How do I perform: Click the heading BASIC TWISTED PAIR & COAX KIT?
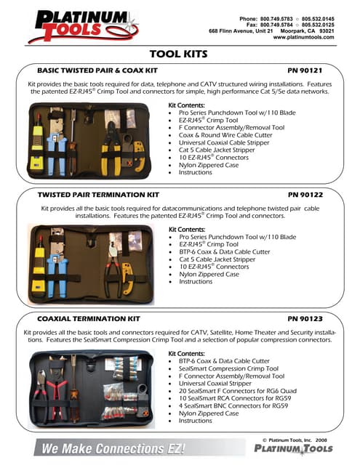pyautogui.click(x=97, y=70)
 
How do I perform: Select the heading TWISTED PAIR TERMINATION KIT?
pyautogui.click(x=97, y=195)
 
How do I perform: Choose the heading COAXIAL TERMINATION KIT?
pyautogui.click(x=88, y=318)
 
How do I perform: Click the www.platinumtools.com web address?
pyautogui.click(x=303, y=38)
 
